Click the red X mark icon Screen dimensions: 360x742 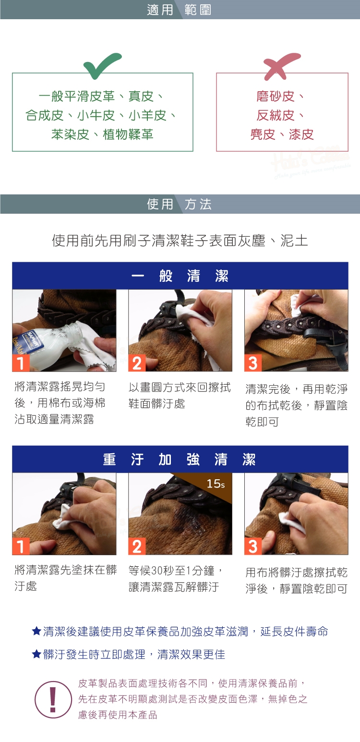pos(281,66)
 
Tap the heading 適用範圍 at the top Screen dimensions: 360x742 pos(179,10)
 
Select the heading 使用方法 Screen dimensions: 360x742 pos(179,204)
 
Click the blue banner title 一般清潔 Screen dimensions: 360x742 pos(180,276)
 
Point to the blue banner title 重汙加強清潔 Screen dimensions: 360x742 pos(180,460)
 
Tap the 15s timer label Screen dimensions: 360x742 pos(216,484)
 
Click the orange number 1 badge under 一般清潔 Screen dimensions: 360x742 pos(21,363)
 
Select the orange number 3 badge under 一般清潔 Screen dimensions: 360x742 pos(253,363)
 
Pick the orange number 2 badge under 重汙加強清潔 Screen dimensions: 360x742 pos(137,546)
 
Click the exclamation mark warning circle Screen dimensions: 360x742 pos(53,699)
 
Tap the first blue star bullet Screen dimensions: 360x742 pos(36,631)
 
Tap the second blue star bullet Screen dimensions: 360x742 pos(36,654)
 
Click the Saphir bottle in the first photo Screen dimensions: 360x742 pos(47,348)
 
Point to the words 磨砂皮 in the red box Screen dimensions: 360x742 pos(275,97)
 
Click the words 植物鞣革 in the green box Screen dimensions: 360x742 pos(128,134)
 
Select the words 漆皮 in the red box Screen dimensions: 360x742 pos(301,134)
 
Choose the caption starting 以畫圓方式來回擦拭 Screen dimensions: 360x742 pos(180,395)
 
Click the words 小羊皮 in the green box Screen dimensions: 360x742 pos(147,115)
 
